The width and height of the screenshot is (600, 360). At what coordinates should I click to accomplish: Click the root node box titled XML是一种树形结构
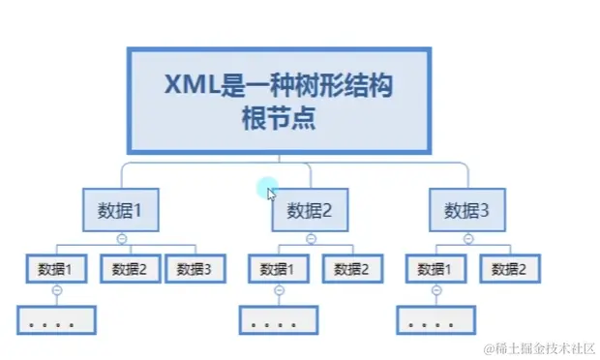(279, 101)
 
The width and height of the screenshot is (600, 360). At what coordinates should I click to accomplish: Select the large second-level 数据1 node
(121, 210)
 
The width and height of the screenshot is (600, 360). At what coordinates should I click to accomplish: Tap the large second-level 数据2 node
(310, 210)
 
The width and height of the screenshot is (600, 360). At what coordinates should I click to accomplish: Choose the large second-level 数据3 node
(467, 210)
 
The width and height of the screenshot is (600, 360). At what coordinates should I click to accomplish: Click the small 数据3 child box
(195, 268)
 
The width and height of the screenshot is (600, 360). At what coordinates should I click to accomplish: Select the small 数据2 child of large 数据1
(130, 268)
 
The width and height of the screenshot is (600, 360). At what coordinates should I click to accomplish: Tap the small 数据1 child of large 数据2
(279, 268)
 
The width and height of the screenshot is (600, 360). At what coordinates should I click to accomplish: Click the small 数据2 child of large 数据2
(352, 268)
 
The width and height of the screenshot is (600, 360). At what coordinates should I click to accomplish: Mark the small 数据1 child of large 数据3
(435, 268)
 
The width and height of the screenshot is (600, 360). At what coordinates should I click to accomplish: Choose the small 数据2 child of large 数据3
(509, 268)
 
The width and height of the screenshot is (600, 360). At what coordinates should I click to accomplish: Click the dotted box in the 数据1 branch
(56, 320)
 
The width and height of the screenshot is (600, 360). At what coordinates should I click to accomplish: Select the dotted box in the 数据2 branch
(279, 320)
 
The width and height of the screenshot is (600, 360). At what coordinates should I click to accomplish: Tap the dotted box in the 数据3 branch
(435, 320)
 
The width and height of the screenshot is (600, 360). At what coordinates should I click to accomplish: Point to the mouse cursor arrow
(272, 194)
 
